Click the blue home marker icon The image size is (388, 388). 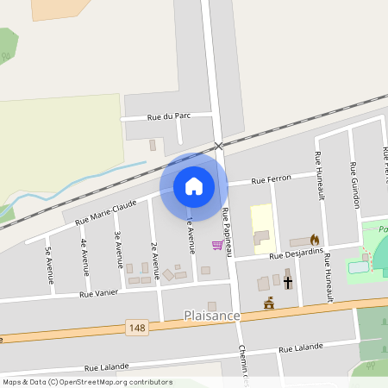pyautogui.click(x=194, y=185)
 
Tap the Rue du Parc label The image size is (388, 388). pyautogui.click(x=169, y=116)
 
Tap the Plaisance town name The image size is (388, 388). pyautogui.click(x=211, y=316)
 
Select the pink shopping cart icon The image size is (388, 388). pyautogui.click(x=217, y=246)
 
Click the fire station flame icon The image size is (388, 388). pyautogui.click(x=315, y=240)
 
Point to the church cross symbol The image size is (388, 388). pyautogui.click(x=288, y=282)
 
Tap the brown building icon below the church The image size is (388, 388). pyautogui.click(x=269, y=302)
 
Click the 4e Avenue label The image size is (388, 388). pyautogui.click(x=84, y=255)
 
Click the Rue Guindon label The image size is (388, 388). pyautogui.click(x=354, y=185)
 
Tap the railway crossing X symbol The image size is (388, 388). pyautogui.click(x=219, y=147)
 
